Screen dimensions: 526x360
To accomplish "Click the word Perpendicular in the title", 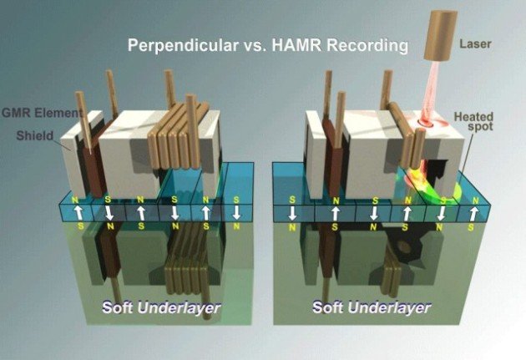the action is coord(183,45).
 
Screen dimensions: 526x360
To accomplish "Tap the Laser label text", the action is coord(475,43).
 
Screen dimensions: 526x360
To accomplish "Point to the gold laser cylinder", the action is coord(441,36).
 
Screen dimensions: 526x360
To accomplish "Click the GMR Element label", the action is coord(42,113).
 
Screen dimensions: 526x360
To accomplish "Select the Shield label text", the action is coord(35,135).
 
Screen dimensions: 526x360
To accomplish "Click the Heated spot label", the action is coord(474,121).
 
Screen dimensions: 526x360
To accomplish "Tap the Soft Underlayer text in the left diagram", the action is coord(161,307).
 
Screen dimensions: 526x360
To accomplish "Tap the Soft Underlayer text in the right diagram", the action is coord(372,307).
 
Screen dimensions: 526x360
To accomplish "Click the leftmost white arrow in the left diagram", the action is coord(78,213).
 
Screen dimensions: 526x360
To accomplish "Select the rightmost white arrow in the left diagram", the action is coord(236,212).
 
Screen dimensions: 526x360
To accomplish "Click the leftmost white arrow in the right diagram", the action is coord(292,213).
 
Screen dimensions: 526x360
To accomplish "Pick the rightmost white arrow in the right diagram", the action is coord(474,213).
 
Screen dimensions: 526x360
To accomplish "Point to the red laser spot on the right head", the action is coord(425,124).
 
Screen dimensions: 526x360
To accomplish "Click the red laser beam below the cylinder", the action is coord(431,90).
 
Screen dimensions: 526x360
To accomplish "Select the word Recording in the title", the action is coord(367,46).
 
